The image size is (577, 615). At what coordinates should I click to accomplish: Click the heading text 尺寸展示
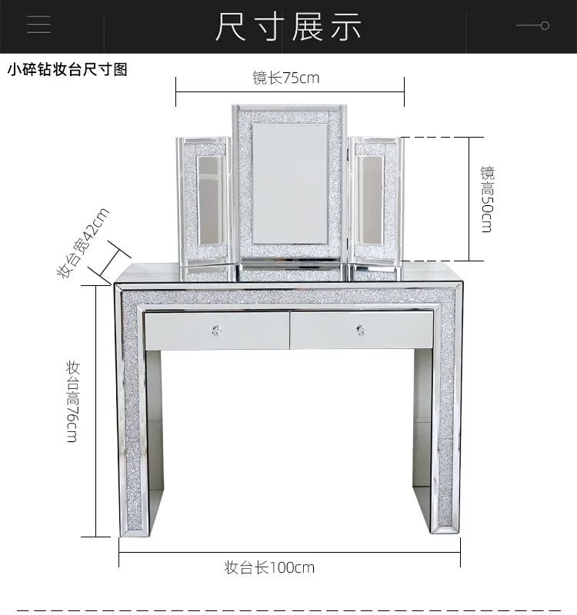click(288, 27)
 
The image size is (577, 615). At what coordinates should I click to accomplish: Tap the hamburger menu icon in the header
click(38, 25)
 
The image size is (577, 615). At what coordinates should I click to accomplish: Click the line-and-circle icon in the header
click(532, 25)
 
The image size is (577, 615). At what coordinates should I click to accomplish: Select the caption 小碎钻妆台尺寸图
click(67, 70)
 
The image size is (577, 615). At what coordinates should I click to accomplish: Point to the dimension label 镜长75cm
click(285, 78)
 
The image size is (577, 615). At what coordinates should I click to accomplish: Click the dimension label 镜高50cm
click(487, 198)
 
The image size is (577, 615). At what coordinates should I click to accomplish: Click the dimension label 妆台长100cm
click(269, 568)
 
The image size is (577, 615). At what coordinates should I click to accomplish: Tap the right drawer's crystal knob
click(362, 331)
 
